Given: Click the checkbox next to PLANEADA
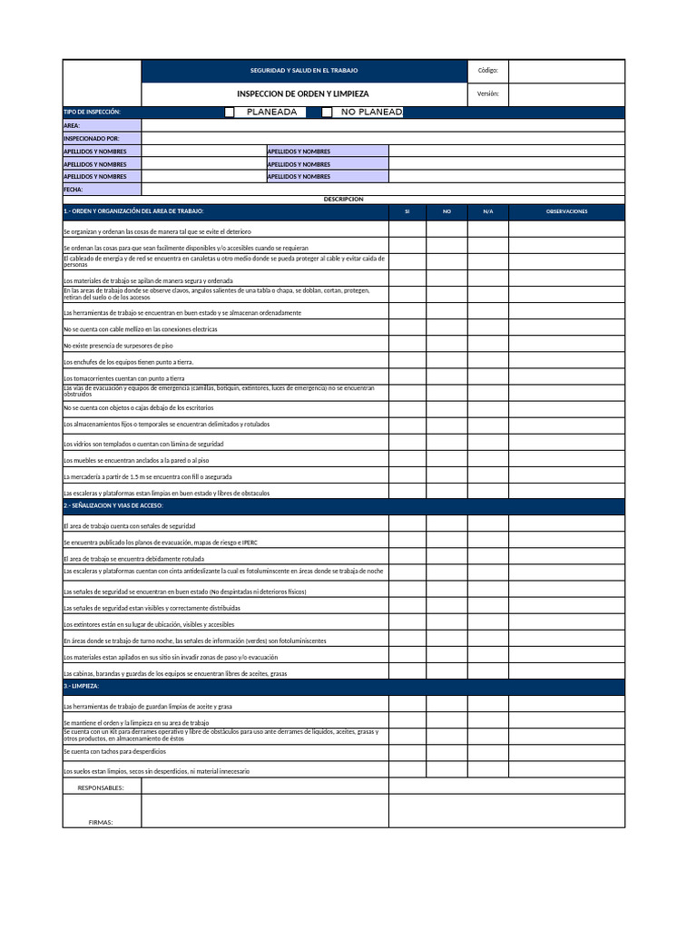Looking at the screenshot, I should coord(230,112).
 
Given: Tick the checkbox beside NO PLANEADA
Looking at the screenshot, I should coord(327,112).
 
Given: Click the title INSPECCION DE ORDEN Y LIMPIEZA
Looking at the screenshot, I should coord(303,94).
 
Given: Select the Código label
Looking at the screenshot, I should coord(487,71).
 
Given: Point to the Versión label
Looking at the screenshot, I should coord(487,94).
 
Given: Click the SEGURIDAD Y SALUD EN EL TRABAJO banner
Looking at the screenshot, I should coord(304,71).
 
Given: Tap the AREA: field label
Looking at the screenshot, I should coord(72,125).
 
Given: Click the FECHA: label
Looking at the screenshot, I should coord(74,190).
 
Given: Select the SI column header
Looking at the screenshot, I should coord(407,211).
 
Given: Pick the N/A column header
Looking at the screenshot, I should coord(487,211).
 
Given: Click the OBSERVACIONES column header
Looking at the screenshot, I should coord(566,211).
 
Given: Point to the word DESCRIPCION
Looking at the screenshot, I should coord(343,199).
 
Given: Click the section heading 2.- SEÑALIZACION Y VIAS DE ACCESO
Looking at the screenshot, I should coord(113,504).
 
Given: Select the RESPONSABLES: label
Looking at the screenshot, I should coord(101,787).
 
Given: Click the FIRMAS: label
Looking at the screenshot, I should coord(101,822).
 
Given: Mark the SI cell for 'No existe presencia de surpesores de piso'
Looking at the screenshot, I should coord(407,344).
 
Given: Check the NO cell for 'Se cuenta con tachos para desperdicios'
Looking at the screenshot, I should coord(447,752).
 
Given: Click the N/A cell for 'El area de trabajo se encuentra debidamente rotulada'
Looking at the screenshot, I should coord(487,557).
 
